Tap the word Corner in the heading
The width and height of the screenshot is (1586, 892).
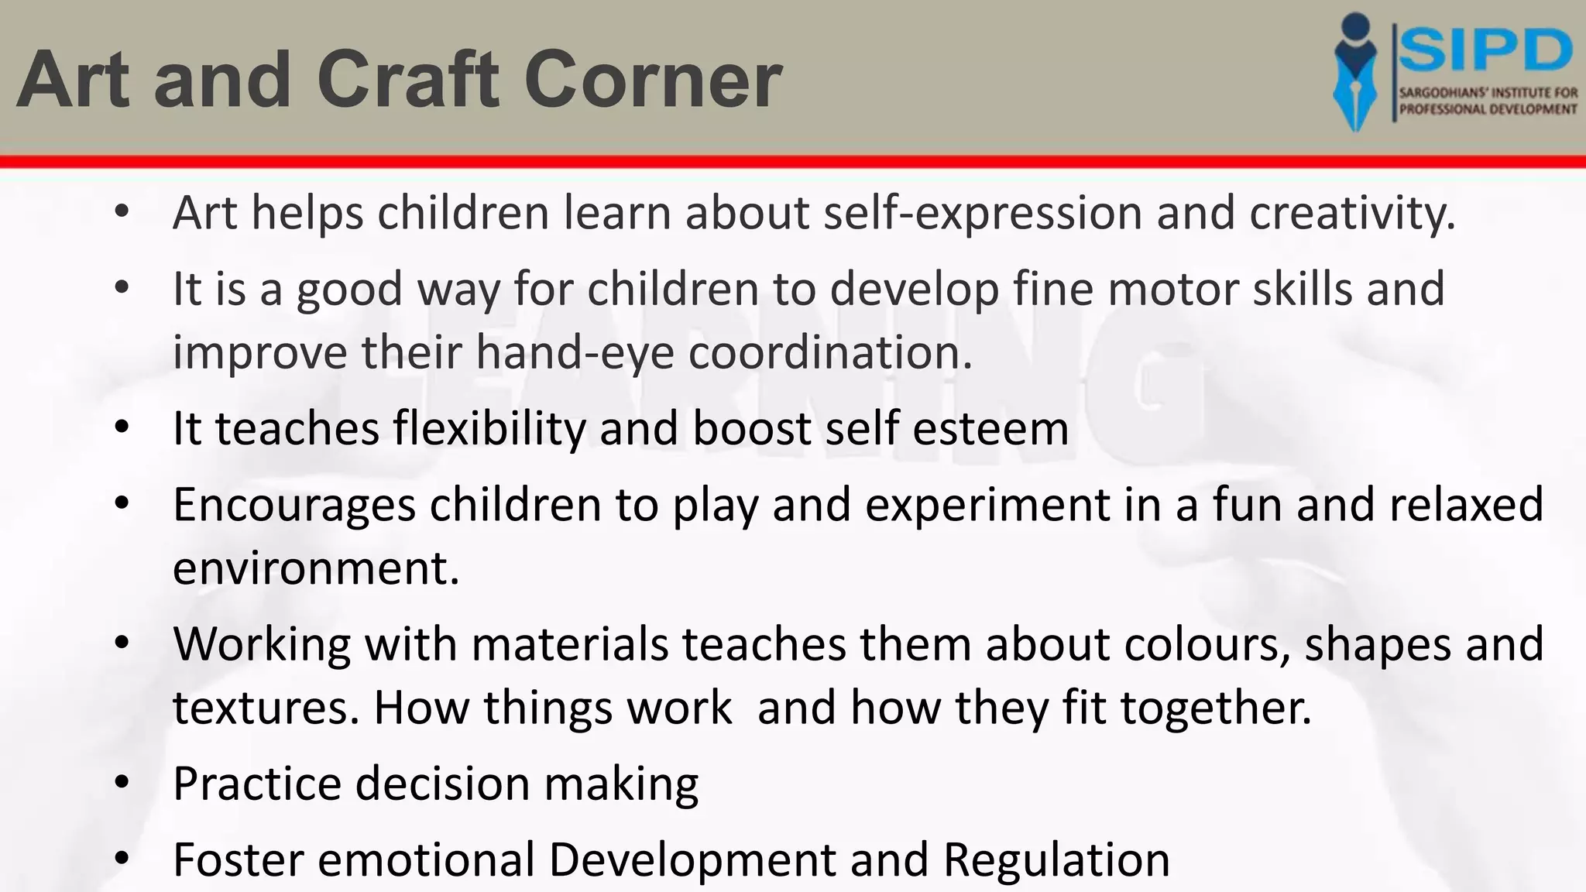point(653,80)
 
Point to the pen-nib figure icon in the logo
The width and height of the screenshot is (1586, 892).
point(1355,72)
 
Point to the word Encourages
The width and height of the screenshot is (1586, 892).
point(294,505)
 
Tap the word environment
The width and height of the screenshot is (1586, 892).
point(316,568)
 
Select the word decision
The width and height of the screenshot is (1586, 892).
point(442,784)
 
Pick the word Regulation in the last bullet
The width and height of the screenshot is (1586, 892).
point(1056,859)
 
